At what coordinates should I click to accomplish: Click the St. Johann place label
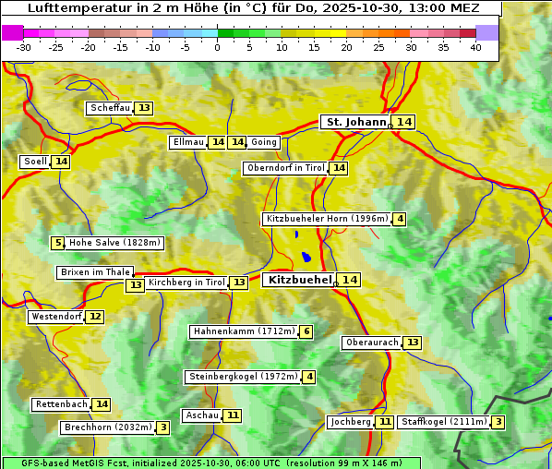(x=355, y=122)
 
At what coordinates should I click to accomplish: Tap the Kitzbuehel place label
(x=298, y=280)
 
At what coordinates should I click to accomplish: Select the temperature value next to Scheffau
(x=144, y=108)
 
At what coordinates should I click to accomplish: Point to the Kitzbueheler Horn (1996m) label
(x=326, y=219)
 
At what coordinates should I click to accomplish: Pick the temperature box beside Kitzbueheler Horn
(x=399, y=219)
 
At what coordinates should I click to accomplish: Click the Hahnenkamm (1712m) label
(x=244, y=331)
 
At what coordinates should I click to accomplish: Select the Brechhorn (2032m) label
(x=107, y=427)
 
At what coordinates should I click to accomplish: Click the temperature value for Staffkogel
(x=498, y=422)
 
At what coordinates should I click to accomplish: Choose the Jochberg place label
(x=351, y=422)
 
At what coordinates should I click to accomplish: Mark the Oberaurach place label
(x=371, y=343)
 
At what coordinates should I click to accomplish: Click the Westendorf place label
(x=56, y=317)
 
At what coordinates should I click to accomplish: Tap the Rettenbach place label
(x=62, y=404)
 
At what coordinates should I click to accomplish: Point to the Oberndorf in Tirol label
(x=285, y=168)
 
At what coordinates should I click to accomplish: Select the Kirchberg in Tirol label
(x=186, y=283)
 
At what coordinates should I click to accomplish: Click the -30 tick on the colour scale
(x=24, y=47)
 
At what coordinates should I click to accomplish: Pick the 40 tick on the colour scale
(x=475, y=47)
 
